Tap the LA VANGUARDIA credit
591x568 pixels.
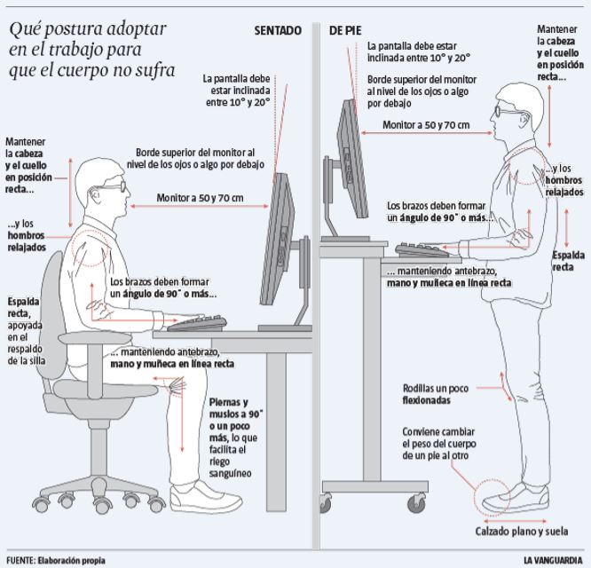[x=554, y=560]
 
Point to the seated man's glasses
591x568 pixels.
[x=111, y=186]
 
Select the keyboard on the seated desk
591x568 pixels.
[x=197, y=322]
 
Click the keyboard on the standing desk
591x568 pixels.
[x=424, y=249]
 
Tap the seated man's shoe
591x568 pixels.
[x=198, y=493]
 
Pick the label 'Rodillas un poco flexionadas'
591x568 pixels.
[x=439, y=394]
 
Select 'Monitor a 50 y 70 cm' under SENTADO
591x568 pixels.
[x=200, y=198]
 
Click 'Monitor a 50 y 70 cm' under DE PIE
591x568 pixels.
[x=426, y=125]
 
